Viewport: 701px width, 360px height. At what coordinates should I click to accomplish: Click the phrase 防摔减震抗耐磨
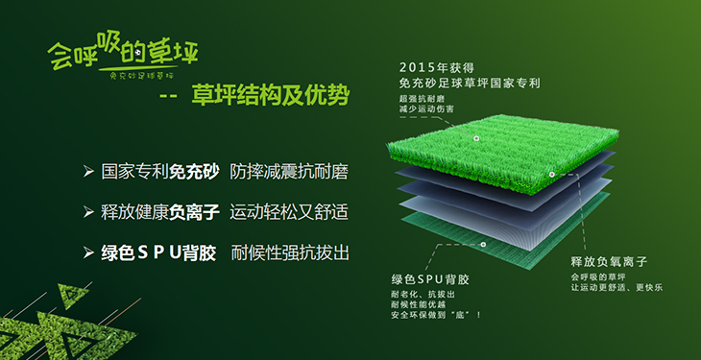[x=288, y=173]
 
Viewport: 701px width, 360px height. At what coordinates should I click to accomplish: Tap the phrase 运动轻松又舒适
[x=288, y=213]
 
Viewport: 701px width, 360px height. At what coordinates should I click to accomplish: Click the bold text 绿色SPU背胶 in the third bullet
[x=157, y=253]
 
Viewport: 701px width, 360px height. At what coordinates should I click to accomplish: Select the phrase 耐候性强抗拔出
[x=288, y=253]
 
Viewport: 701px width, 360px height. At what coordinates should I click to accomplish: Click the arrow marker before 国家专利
[x=88, y=173]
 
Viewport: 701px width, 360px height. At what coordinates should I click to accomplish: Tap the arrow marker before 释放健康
[x=88, y=213]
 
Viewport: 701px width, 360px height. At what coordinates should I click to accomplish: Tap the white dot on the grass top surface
[x=476, y=138]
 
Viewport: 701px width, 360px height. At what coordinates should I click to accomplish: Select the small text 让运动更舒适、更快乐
[x=616, y=288]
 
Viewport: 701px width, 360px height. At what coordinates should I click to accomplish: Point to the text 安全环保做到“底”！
[x=435, y=315]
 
